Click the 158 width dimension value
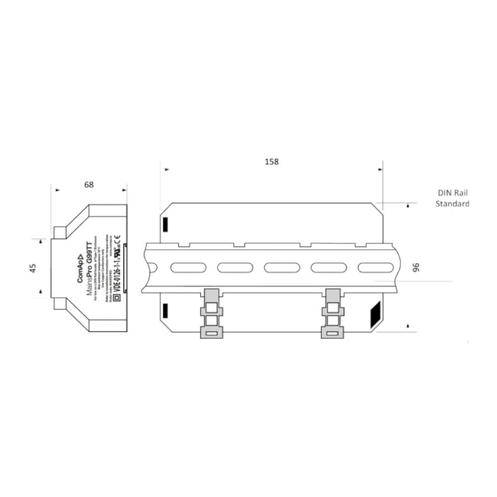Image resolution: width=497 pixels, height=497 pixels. click(272, 162)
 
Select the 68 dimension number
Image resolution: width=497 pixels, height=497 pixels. click(89, 185)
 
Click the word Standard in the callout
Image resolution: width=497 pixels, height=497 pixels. click(452, 203)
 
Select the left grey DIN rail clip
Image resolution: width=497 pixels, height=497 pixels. click(211, 313)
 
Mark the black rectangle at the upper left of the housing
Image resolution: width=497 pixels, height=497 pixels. click(165, 224)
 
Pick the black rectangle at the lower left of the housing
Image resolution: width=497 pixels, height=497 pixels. click(165, 311)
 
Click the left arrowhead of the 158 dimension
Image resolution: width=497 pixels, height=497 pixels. click(167, 169)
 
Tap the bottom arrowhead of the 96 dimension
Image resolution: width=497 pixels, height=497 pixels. click(408, 326)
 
